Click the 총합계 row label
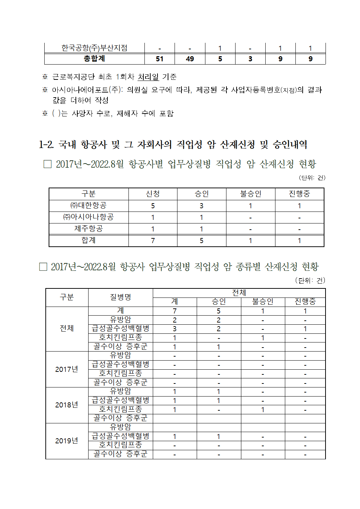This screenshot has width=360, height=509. [94, 59]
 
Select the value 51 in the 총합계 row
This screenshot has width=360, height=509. [159, 59]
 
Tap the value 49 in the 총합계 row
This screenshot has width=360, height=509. [190, 59]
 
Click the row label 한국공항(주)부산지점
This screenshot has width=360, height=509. [94, 48]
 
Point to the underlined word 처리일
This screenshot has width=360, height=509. [148, 77]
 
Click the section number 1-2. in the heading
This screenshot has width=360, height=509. [46, 145]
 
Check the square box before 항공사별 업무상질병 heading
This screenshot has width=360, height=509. [48, 164]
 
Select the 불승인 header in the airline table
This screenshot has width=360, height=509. [250, 194]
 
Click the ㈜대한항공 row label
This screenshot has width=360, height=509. [89, 206]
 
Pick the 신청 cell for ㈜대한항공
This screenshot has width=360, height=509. [153, 206]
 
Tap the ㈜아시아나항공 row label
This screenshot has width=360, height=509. [89, 217]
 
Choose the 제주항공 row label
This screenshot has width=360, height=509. [89, 229]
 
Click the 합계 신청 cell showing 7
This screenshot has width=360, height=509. [153, 241]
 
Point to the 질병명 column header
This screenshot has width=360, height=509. [120, 297]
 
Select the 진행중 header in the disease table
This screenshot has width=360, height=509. [305, 302]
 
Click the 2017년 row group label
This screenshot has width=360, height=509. [67, 369]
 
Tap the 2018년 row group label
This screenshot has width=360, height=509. [67, 405]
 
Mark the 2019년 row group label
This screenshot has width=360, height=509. [67, 441]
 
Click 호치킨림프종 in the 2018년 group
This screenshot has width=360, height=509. [120, 409]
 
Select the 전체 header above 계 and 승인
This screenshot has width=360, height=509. [239, 293]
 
